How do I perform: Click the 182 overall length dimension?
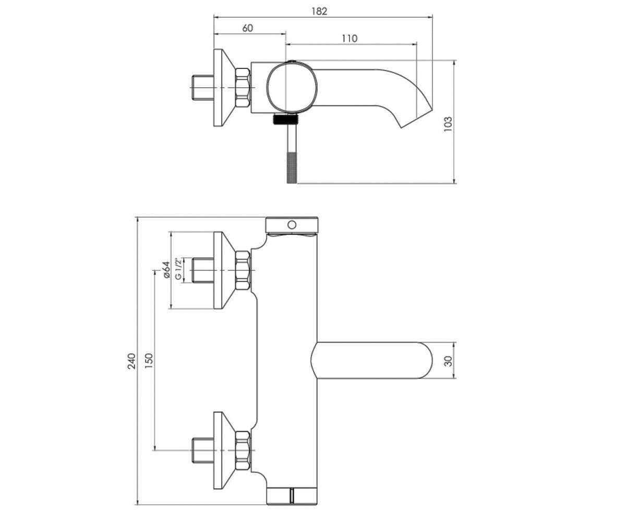(x=319, y=11)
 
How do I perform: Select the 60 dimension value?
(x=248, y=28)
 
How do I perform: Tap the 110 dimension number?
(x=350, y=39)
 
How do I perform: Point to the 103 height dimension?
(x=448, y=124)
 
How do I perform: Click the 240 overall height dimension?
(x=131, y=361)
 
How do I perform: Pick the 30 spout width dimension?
(x=448, y=361)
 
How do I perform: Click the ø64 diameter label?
(x=166, y=270)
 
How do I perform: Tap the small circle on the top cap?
(x=292, y=224)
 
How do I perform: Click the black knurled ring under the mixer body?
(x=286, y=119)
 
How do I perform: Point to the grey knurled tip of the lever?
(x=292, y=168)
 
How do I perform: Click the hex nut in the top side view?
(x=243, y=88)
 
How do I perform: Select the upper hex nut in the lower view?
(x=243, y=270)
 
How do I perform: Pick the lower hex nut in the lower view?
(x=243, y=450)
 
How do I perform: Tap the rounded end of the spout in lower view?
(x=425, y=360)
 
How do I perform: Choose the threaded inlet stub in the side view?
(x=202, y=88)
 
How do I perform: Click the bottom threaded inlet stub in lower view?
(x=202, y=450)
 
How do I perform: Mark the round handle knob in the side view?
(x=292, y=87)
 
